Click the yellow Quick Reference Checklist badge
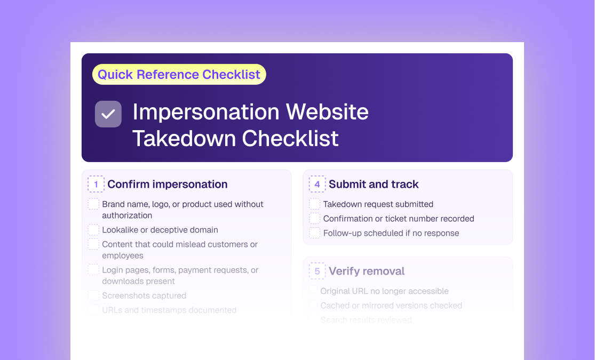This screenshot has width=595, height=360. coord(179,74)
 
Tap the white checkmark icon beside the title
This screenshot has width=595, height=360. coord(108,114)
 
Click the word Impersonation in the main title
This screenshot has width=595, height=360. coord(205,112)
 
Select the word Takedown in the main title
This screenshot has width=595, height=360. coord(185,139)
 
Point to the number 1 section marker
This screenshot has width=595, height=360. coord(96,184)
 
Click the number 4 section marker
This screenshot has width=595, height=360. coord(317,184)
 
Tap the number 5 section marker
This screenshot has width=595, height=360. coord(317,271)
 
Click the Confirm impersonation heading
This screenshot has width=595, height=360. coord(168,184)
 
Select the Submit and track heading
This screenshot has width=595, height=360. coord(374,184)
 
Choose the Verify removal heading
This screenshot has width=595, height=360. coord(367,271)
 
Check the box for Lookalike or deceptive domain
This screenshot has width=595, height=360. coord(93,230)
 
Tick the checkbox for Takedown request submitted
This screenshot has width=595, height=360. coord(315,204)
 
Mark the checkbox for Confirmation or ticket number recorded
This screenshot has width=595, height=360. coord(315,219)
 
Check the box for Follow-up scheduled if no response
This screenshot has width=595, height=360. coord(315,233)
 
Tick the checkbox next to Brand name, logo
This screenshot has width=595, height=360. coord(93,204)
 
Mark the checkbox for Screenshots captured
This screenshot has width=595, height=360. coord(93,295)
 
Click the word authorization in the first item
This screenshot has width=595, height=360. coord(127,215)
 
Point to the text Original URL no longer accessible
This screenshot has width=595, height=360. coord(384,291)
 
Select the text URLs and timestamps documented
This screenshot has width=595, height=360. coord(169,310)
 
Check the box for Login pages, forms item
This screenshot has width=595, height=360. coord(93,270)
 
